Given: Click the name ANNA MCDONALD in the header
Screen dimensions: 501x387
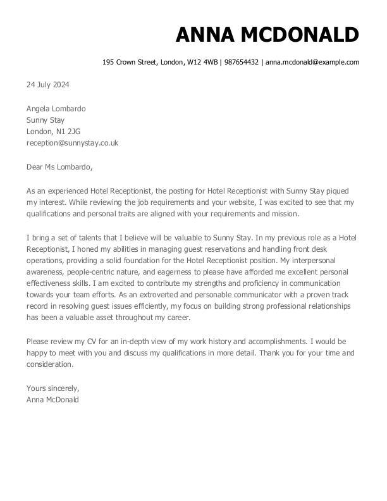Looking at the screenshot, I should [267, 35].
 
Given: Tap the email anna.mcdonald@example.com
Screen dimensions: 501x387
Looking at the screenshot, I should [312, 62].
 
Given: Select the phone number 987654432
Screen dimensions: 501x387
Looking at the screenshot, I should [242, 62].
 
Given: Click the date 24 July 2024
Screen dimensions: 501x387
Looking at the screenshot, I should [47, 85].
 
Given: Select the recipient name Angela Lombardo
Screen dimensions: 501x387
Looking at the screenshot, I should [56, 109].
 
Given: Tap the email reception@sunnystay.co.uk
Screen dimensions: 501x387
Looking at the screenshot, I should [72, 143].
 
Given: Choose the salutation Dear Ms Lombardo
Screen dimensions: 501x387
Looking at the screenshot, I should [59, 167].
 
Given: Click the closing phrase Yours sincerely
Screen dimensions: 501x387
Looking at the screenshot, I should [52, 388].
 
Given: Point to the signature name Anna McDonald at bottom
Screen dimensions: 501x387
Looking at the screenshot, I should [52, 400].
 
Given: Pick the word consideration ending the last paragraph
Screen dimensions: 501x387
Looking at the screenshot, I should [50, 364].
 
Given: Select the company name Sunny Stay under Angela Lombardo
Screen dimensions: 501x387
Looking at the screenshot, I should [46, 120].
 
